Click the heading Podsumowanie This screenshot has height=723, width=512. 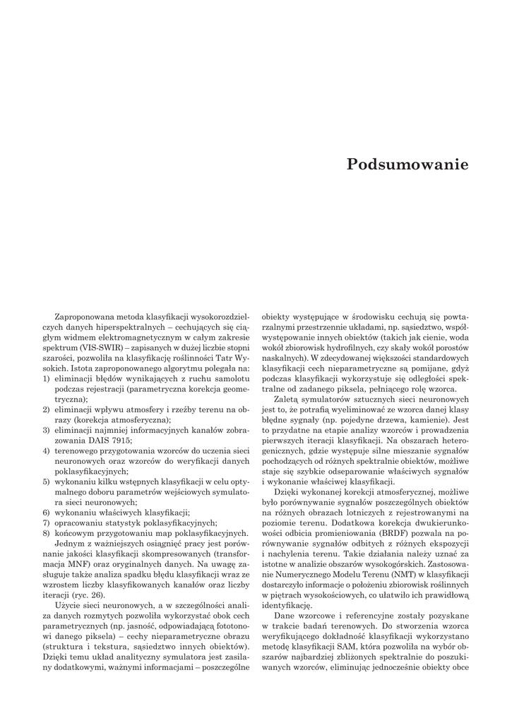[x=407, y=165]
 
